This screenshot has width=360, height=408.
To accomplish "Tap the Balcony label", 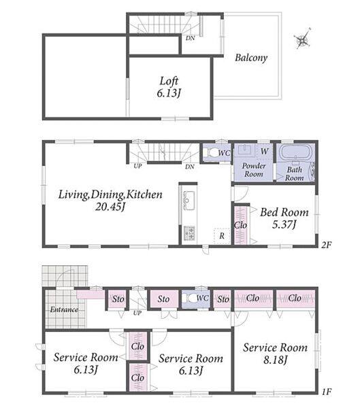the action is pyautogui.click(x=251, y=58).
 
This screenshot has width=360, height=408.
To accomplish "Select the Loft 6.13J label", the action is pyautogui.click(x=169, y=87).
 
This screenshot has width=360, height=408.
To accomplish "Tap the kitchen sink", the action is pyautogui.click(x=189, y=201).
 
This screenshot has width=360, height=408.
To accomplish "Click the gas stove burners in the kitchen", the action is pyautogui.click(x=189, y=233).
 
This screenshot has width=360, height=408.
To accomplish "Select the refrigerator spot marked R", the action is pyautogui.click(x=222, y=236).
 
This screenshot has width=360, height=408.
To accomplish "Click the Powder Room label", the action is pyautogui.click(x=254, y=170).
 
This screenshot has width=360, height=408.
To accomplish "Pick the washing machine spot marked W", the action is pyautogui.click(x=264, y=151).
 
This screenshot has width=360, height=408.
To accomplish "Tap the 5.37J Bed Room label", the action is pyautogui.click(x=284, y=218).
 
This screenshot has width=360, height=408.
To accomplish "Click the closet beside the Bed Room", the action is pyautogui.click(x=241, y=225).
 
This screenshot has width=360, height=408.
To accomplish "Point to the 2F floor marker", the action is pyautogui.click(x=326, y=245).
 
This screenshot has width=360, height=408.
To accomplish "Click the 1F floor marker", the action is pyautogui.click(x=326, y=392).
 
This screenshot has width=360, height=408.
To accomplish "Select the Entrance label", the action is pyautogui.click(x=64, y=309).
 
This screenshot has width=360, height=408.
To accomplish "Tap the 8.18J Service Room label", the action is pyautogui.click(x=275, y=354).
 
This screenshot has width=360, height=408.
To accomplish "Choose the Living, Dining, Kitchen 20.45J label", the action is pyautogui.click(x=110, y=201).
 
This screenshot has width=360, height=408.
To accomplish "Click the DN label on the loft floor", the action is pyautogui.click(x=190, y=38).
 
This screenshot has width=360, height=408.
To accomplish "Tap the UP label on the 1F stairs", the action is pyautogui.click(x=137, y=313).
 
